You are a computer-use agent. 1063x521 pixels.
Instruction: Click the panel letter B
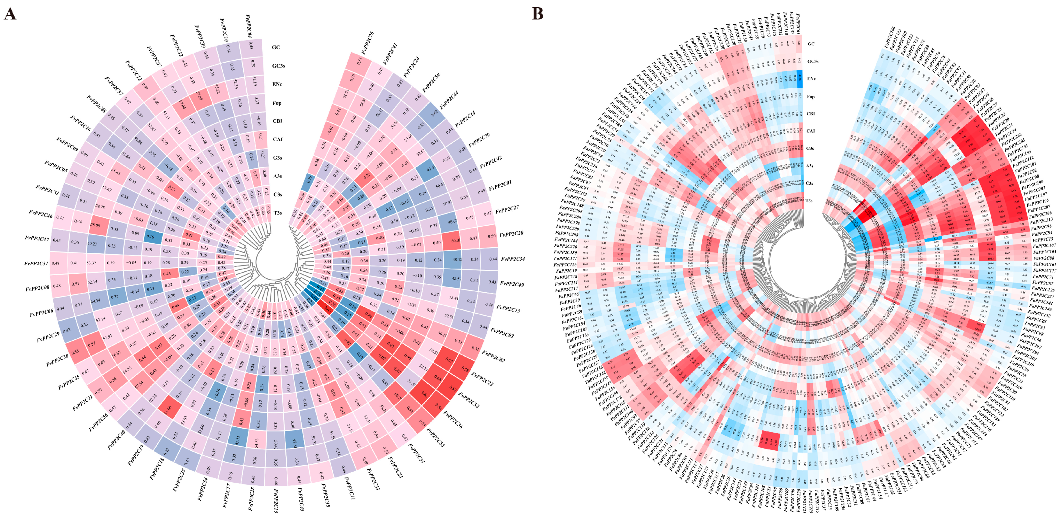(537, 14)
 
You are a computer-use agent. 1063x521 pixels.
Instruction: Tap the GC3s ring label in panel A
(278, 66)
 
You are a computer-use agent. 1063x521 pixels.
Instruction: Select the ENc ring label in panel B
(811, 79)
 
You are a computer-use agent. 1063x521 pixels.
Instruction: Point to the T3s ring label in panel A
(278, 213)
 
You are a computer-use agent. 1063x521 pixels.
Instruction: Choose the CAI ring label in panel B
(811, 131)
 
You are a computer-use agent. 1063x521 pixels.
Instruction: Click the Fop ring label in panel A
(277, 103)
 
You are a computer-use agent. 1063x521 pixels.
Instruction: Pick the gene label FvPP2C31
(36, 263)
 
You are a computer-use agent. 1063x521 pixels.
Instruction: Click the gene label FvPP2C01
(500, 186)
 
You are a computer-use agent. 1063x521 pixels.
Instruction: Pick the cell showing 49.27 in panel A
(91, 244)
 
